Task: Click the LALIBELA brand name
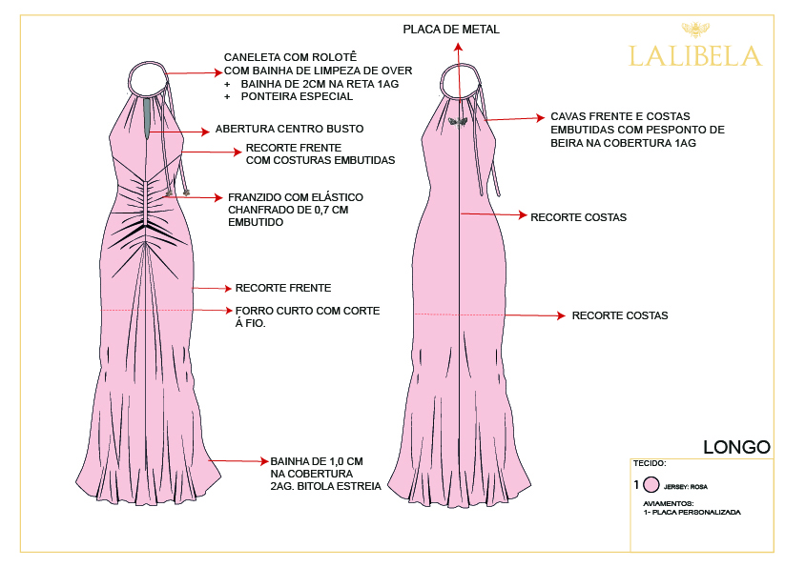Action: tap(695, 56)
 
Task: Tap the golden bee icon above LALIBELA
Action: tap(695, 30)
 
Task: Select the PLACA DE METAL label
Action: tap(451, 30)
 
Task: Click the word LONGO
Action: tap(736, 447)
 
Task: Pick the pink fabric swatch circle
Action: tap(651, 484)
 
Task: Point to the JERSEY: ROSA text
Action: tap(686, 486)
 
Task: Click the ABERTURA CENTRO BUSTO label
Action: tap(289, 129)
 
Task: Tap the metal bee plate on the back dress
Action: tap(457, 121)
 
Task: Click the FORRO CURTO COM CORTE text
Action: tap(307, 311)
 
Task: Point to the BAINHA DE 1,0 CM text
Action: tap(317, 461)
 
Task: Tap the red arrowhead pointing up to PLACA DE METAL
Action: tap(458, 47)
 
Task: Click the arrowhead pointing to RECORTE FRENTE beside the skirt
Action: tap(227, 289)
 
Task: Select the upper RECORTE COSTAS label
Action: tap(578, 217)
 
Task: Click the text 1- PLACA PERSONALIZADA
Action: tap(692, 512)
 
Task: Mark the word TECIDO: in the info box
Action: tap(650, 463)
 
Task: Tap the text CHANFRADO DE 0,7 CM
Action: tap(288, 210)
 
